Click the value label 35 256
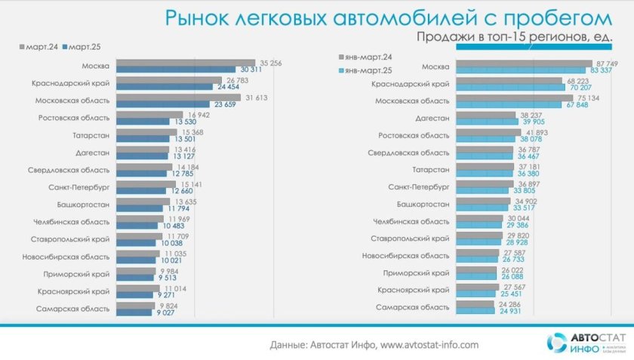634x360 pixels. pos(269,63)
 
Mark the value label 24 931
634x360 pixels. pos(504,311)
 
